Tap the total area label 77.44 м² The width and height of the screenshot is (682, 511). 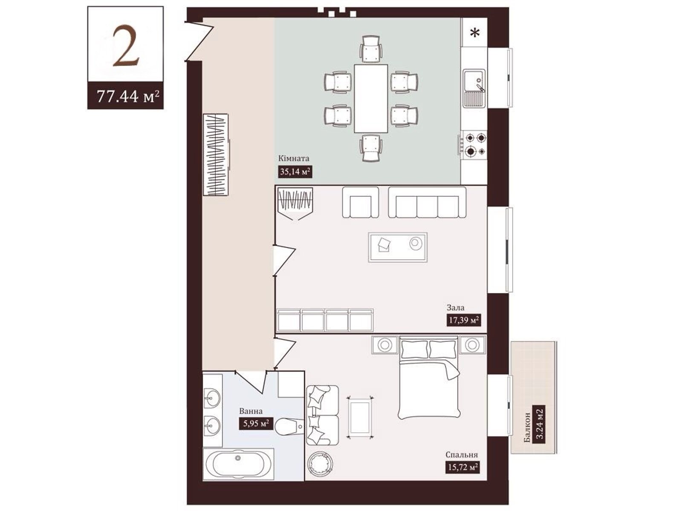pyautogui.click(x=128, y=97)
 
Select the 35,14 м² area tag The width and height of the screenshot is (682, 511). pyautogui.click(x=295, y=171)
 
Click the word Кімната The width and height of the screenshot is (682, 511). pyautogui.click(x=294, y=158)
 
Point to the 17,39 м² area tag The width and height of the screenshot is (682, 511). pyautogui.click(x=464, y=320)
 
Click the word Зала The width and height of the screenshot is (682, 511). pyautogui.click(x=456, y=308)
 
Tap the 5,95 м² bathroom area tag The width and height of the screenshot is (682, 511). pyautogui.click(x=256, y=423)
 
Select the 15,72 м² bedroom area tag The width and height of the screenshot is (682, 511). pyautogui.click(x=462, y=467)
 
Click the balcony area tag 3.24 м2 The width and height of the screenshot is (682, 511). pyautogui.click(x=539, y=424)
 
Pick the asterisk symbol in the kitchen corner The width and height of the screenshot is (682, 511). pyautogui.click(x=475, y=33)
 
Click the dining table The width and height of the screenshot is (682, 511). pyautogui.click(x=371, y=98)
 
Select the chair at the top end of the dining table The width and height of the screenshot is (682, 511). pyautogui.click(x=371, y=49)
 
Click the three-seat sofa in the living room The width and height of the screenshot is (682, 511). pyautogui.click(x=427, y=202)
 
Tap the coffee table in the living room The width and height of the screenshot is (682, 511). pyautogui.click(x=398, y=247)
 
